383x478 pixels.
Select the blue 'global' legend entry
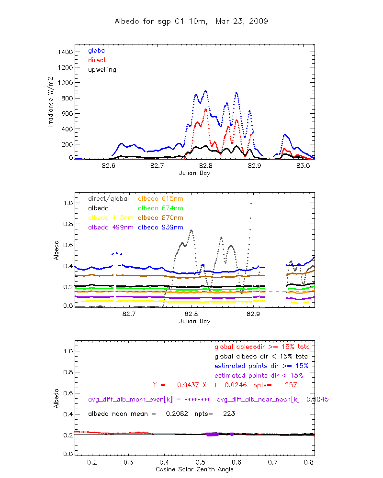[97, 50]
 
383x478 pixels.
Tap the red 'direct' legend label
[97, 60]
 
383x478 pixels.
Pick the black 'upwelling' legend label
[102, 69]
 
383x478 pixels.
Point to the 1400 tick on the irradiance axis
[65, 52]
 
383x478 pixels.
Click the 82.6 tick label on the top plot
[109, 166]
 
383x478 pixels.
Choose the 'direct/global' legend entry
[107, 198]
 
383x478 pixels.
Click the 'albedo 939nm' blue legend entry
[161, 227]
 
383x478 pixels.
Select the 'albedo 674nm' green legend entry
[161, 208]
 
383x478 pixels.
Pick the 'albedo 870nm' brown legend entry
[161, 217]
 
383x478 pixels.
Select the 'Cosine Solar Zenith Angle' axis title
[194, 469]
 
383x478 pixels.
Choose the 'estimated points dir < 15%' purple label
[259, 375]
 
